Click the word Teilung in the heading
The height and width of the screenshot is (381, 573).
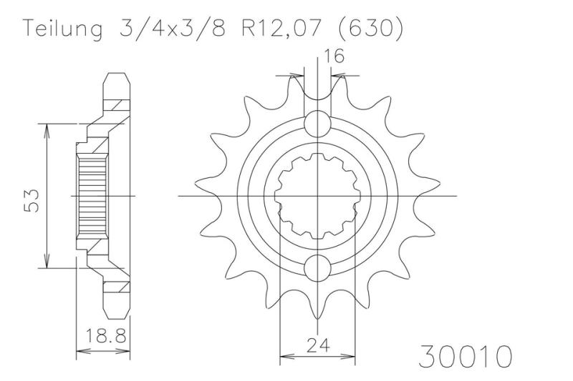point(62,29)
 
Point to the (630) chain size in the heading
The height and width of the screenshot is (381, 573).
point(370,28)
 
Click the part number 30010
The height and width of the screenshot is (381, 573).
point(465,356)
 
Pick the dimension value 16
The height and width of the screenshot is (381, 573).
point(334,56)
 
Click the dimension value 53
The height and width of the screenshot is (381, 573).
point(31,200)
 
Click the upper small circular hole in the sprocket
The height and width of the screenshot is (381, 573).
point(317,123)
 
